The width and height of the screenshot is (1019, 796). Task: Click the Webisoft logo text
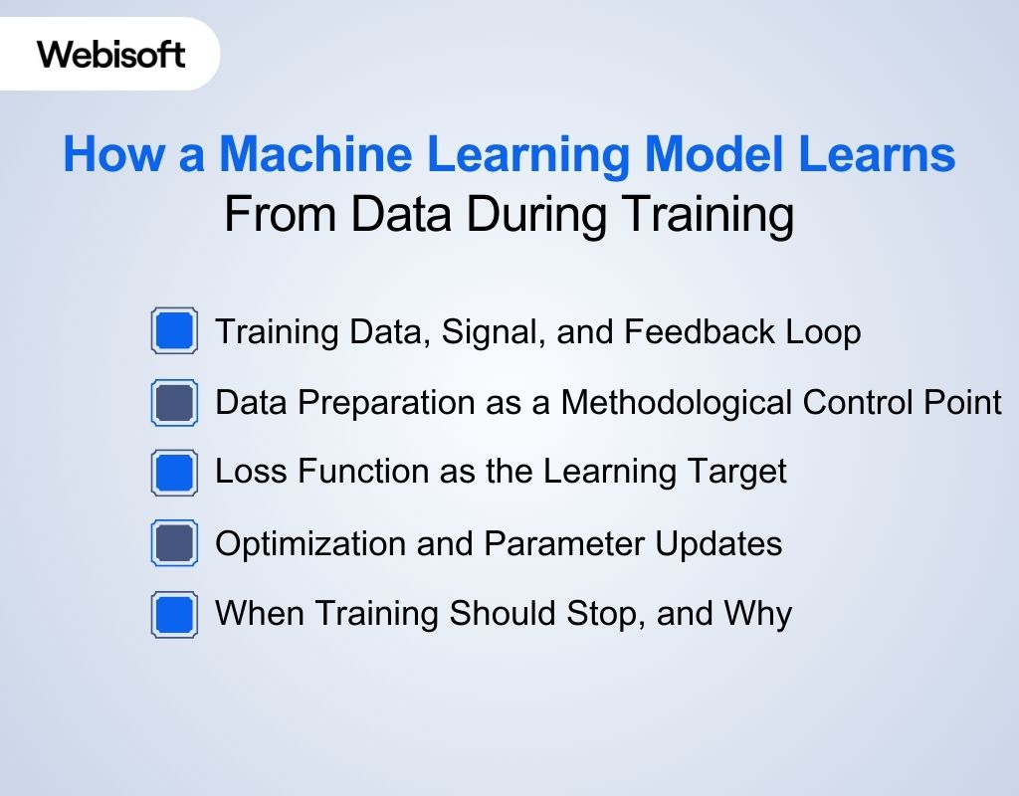111,54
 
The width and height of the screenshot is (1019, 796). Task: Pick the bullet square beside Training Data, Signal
174,331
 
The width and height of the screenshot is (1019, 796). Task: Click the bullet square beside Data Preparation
174,402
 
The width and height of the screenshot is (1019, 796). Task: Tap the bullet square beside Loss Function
174,472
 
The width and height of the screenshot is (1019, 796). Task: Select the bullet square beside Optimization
174,543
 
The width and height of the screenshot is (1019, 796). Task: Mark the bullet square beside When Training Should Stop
174,613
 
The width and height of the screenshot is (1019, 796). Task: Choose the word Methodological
678,403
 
